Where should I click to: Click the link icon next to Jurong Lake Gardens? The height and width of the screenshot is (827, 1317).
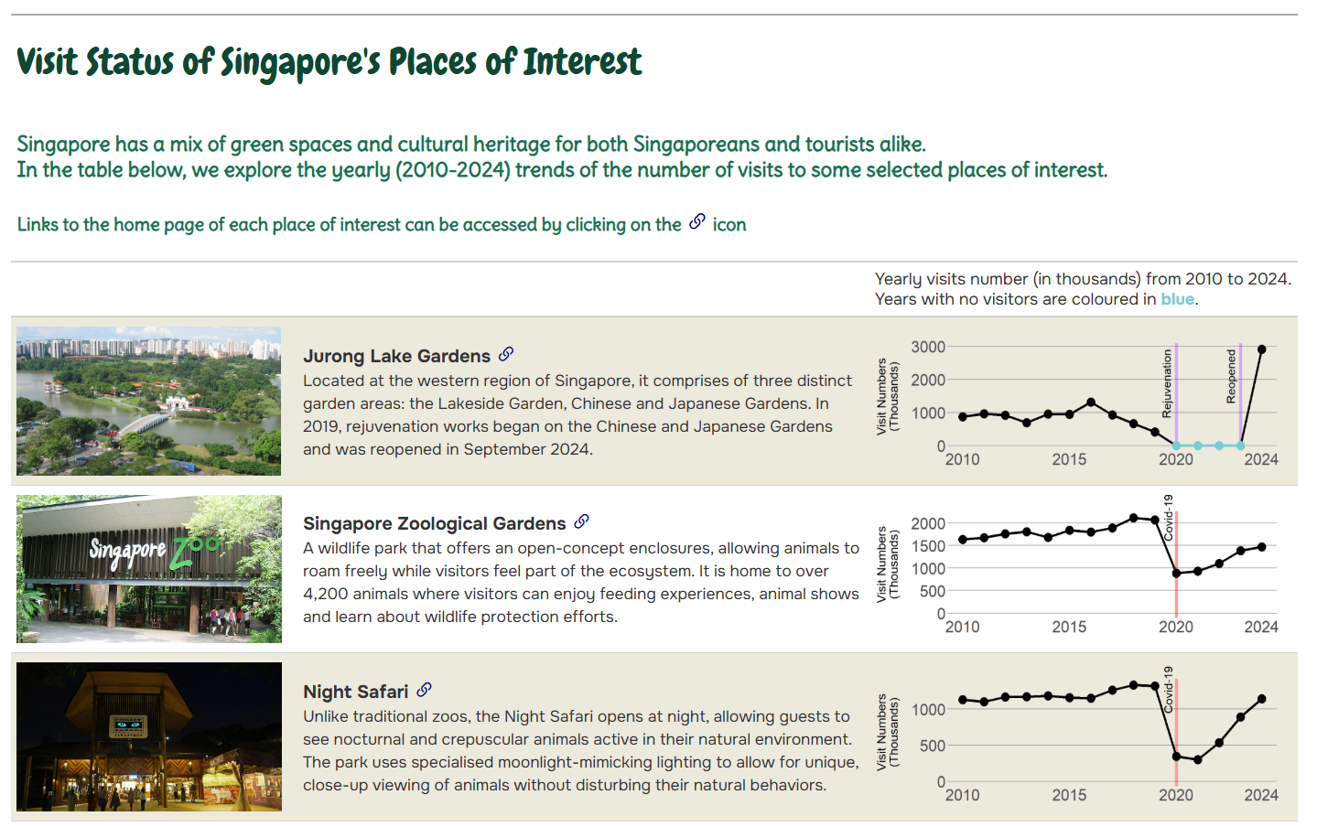[x=506, y=354]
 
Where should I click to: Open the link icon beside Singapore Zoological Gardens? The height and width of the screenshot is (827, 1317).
[x=581, y=521]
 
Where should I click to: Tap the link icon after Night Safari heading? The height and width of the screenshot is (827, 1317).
[x=424, y=690]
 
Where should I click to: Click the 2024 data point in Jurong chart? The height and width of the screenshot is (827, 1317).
[x=1261, y=349]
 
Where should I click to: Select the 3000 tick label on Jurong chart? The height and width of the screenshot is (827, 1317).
[x=927, y=347]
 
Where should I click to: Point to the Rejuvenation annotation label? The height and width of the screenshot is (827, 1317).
[x=1167, y=383]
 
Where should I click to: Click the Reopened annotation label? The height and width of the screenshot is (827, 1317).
[x=1231, y=376]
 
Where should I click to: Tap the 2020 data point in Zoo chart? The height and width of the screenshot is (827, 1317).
[x=1176, y=574]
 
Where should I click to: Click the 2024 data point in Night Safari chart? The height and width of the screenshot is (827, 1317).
[x=1261, y=699]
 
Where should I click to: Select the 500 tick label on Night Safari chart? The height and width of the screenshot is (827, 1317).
[x=933, y=746]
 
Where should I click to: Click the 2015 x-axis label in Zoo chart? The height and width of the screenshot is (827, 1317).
[x=1069, y=628]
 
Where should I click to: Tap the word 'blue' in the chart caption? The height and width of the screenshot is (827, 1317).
[x=1177, y=299]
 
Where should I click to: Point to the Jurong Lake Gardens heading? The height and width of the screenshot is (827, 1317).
[x=396, y=356]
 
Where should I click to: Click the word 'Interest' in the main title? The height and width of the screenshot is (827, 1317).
[x=582, y=62]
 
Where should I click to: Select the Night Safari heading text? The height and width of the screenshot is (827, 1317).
[x=355, y=692]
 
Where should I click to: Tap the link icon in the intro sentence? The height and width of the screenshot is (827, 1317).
[x=697, y=222]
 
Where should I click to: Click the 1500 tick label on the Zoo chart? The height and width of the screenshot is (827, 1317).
[x=927, y=546]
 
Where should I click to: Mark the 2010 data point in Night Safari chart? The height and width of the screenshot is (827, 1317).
[x=963, y=700]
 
